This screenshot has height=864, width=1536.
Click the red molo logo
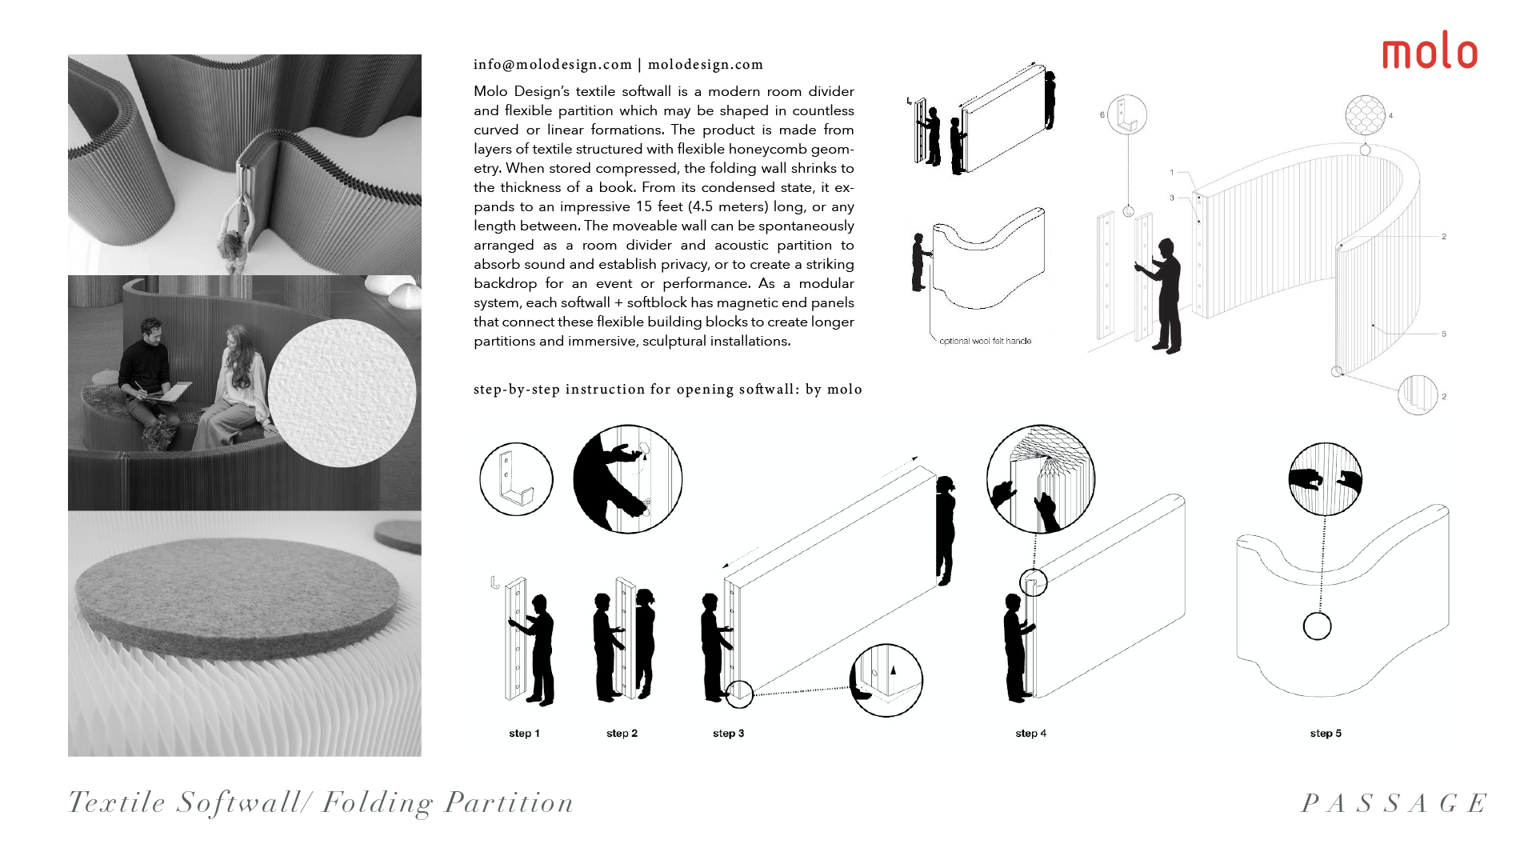tap(1430, 51)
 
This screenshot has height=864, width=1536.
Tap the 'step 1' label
tap(524, 734)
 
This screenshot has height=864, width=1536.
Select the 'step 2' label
tap(622, 734)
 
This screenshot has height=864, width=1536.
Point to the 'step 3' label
tap(728, 734)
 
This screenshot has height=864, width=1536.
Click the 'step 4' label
tap(1030, 734)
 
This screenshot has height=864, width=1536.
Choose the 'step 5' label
tap(1326, 734)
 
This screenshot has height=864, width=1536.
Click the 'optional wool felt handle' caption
tap(985, 341)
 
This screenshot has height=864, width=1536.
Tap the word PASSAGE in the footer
tap(1394, 803)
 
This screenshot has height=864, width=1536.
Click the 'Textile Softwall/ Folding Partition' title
tap(321, 802)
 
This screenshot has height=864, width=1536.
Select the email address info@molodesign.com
tap(553, 65)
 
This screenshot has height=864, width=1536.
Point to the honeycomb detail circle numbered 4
tap(1365, 115)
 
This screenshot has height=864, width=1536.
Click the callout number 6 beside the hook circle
tap(1102, 115)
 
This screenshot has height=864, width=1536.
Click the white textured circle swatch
tap(342, 393)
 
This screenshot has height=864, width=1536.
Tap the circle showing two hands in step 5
tap(1325, 479)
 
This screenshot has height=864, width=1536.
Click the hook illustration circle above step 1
tap(516, 479)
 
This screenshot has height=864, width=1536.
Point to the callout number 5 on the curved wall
tap(1444, 334)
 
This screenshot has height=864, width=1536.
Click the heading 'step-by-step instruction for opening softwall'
tap(667, 390)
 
